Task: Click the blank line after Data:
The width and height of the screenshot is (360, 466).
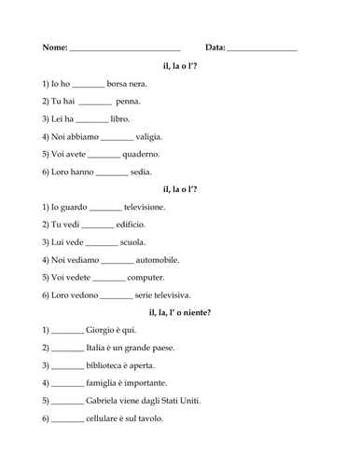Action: [x=262, y=48]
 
